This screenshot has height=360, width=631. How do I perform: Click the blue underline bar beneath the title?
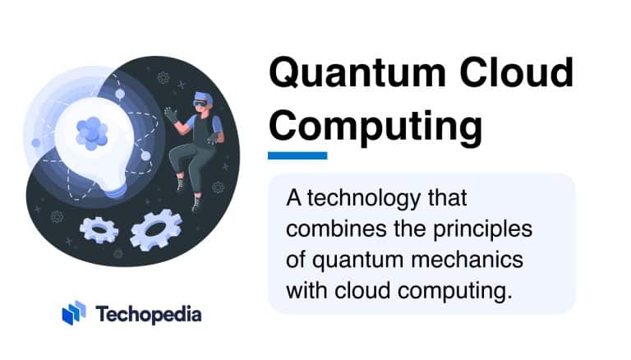coord(297,155)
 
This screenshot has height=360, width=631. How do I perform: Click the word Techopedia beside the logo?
coord(149,314)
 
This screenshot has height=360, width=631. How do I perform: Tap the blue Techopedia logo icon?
coord(74,313)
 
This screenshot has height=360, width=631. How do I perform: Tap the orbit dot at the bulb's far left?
coord(36,142)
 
